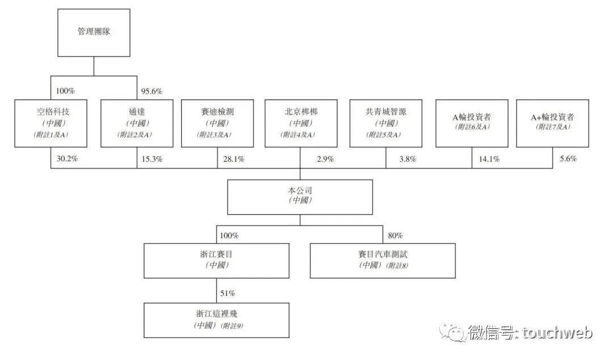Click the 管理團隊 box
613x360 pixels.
pos(94,33)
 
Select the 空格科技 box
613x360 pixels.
pos(51,123)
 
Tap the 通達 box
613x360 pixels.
pos(137,123)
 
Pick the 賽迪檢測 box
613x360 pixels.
pos(217,123)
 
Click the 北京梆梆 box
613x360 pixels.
pos(301,123)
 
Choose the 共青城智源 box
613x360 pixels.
pos(386,123)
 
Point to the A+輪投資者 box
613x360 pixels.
pos(552,123)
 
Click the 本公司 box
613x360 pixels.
pos(300,197)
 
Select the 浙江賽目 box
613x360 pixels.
pos(217,261)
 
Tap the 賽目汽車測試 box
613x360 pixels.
pos(383,261)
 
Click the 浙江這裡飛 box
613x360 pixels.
pos(217,320)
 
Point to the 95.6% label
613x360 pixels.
pos(152,91)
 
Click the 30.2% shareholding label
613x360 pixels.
pos(67,158)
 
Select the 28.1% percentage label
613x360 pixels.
pos(234,159)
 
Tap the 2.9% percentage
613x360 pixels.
pos(325,159)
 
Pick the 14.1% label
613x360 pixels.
pos(489,159)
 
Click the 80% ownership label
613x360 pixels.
pos(395,236)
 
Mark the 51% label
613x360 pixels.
pos(228,293)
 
